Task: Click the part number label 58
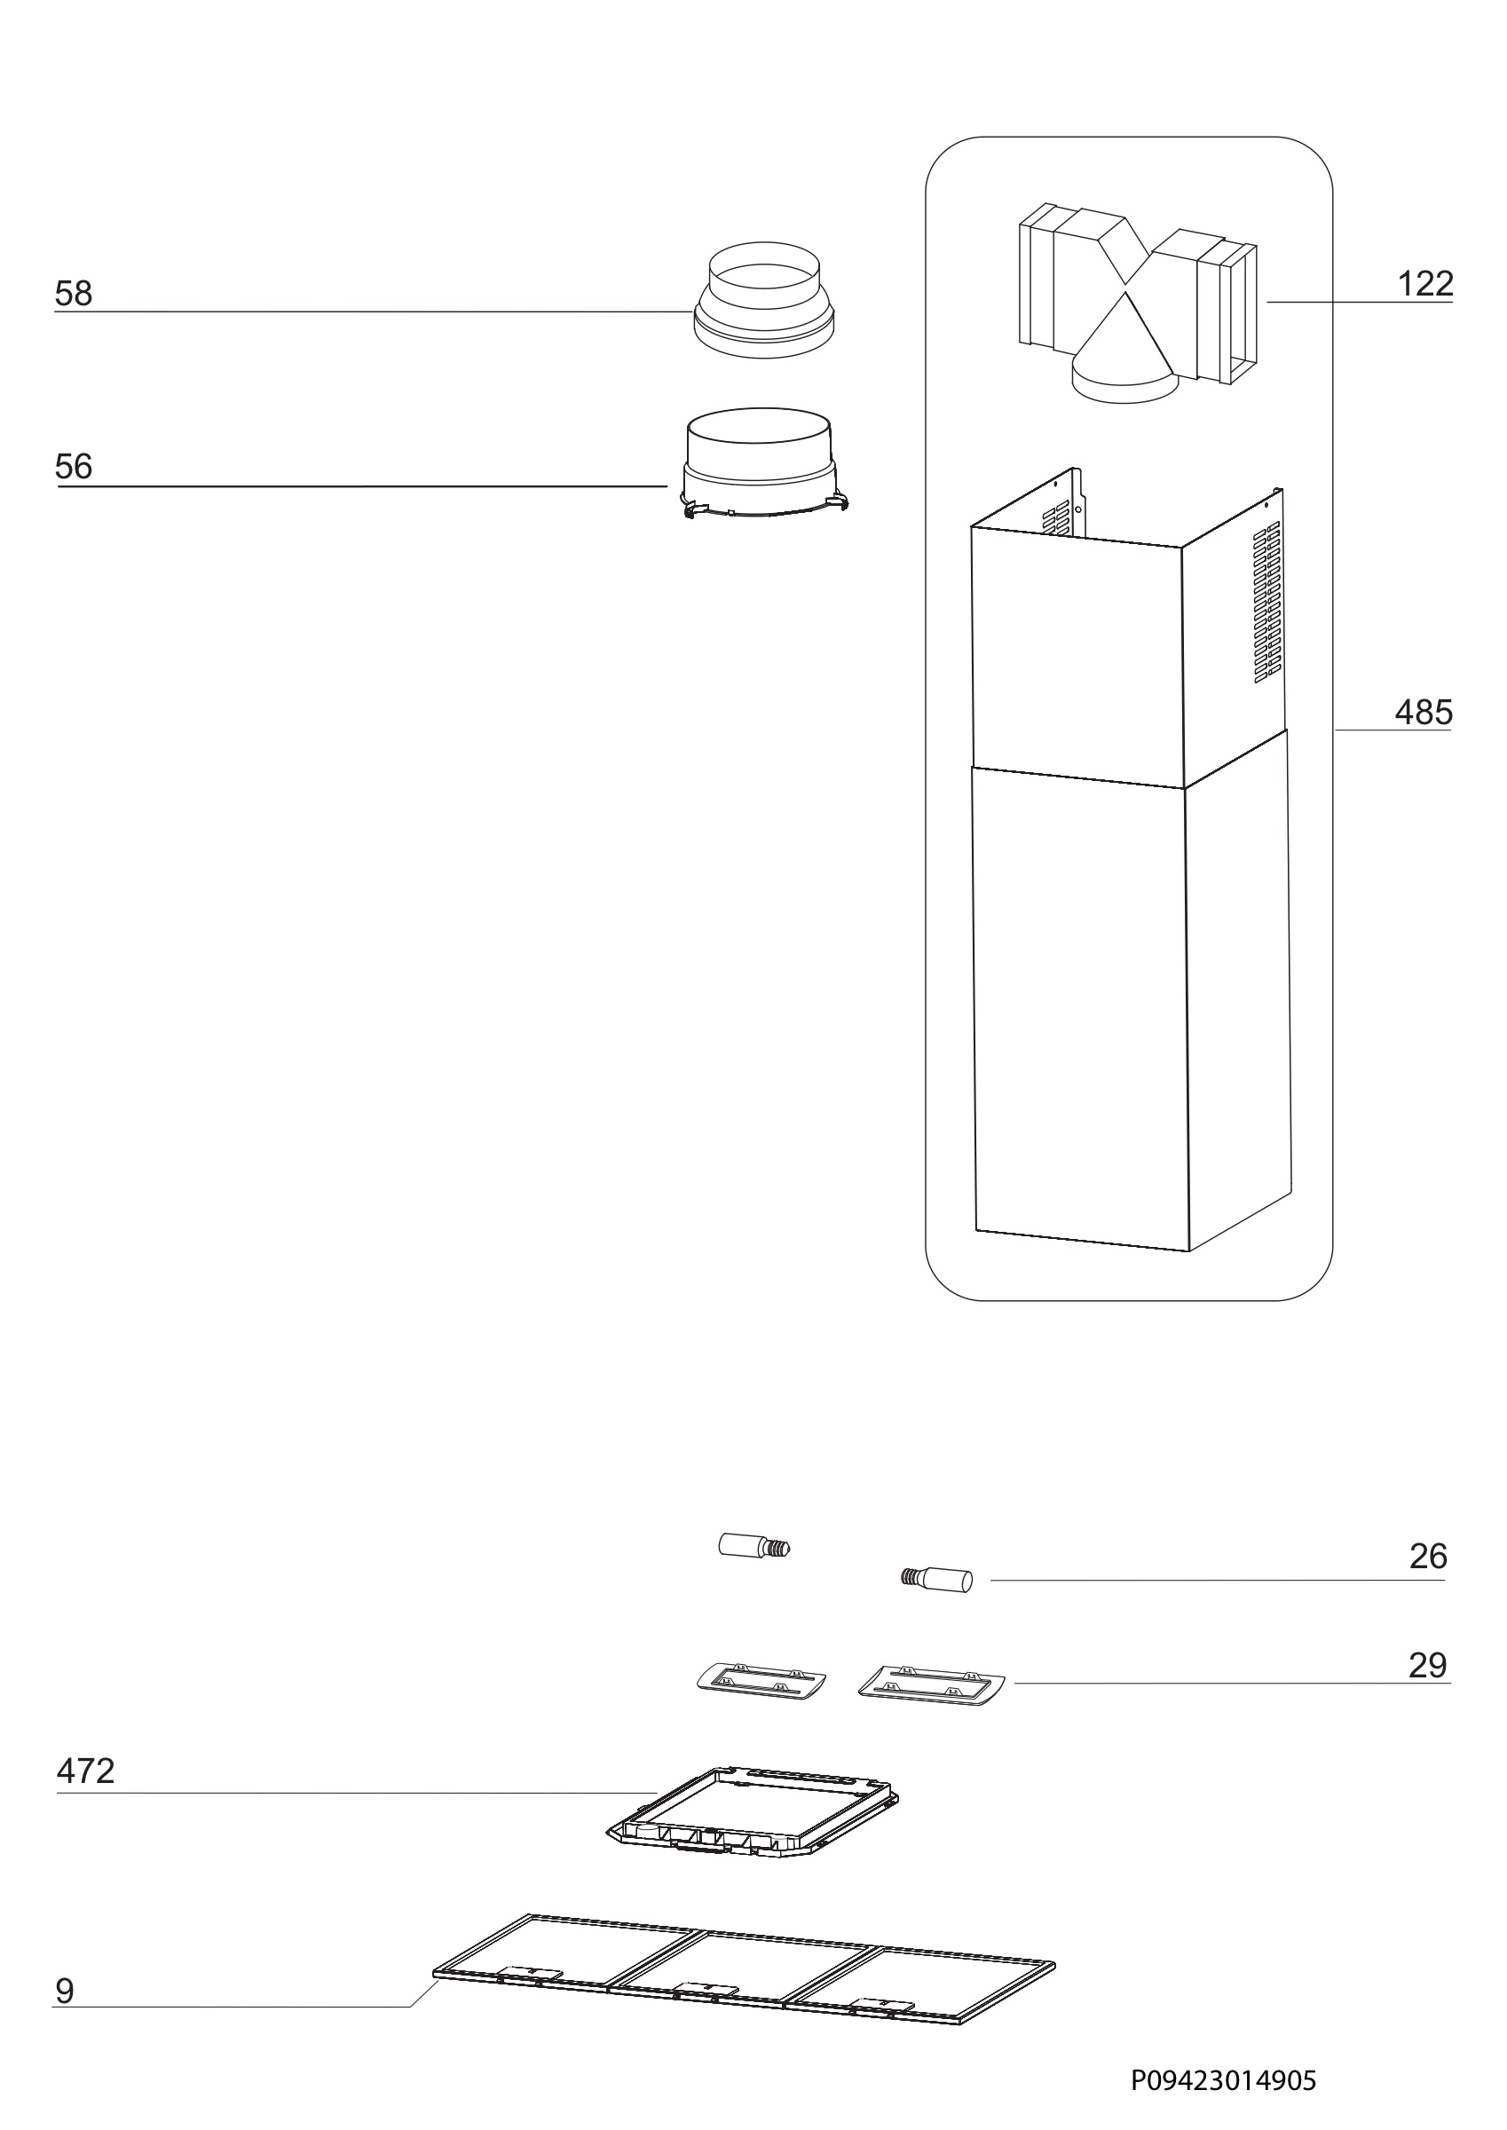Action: (x=75, y=294)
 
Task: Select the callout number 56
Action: (x=75, y=467)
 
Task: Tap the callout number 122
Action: (x=1425, y=284)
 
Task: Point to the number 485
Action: (x=1424, y=713)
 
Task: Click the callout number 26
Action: (x=1428, y=1557)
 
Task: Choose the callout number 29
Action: (x=1428, y=1666)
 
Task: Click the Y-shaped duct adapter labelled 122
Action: (x=1138, y=302)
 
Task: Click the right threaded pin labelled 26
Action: (x=937, y=1578)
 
